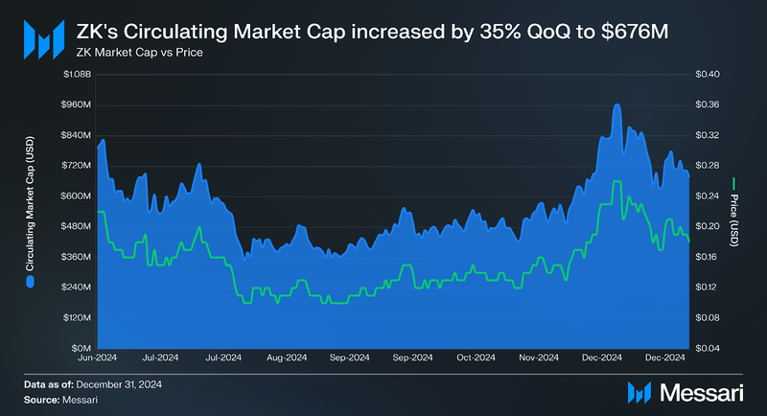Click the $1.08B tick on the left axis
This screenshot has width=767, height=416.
tap(77, 74)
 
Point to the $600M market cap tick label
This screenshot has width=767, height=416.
tap(77, 196)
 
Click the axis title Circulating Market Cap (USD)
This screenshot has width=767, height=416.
tap(30, 210)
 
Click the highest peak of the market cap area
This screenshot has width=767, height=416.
tap(616, 104)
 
